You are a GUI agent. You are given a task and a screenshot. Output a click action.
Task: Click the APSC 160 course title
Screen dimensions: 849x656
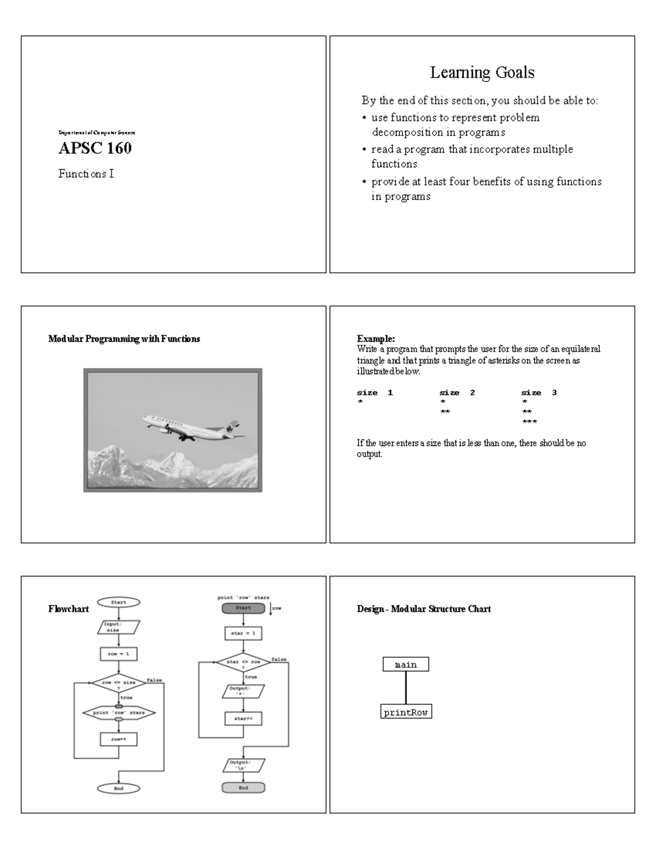(95, 148)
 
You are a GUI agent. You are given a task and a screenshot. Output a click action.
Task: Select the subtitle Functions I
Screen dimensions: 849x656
(86, 174)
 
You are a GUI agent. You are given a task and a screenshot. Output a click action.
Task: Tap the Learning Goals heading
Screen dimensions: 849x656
(482, 72)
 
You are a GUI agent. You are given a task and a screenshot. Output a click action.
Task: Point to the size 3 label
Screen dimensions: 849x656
(538, 393)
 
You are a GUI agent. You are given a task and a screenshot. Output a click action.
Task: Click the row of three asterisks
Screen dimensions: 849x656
(529, 422)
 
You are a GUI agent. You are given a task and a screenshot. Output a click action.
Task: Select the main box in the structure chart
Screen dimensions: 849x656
(406, 665)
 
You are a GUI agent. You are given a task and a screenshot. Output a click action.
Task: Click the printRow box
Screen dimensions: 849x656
(406, 712)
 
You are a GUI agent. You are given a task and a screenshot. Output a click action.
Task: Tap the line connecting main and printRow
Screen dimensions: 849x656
(406, 688)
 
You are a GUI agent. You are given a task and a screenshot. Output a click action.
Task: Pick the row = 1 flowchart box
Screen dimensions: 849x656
(119, 654)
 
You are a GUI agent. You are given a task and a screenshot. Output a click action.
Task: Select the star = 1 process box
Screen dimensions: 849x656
(243, 633)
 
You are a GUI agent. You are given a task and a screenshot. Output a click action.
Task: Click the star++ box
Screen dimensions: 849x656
(243, 718)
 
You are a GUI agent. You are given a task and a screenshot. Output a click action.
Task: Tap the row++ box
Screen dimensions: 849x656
(119, 739)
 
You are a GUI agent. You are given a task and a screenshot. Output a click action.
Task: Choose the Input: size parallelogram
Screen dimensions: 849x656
(119, 627)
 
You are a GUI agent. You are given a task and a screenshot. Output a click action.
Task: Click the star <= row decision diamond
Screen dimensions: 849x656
(243, 663)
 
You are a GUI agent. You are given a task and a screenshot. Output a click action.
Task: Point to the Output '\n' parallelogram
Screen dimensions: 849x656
(243, 765)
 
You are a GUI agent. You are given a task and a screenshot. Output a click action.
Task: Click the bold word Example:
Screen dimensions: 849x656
(376, 339)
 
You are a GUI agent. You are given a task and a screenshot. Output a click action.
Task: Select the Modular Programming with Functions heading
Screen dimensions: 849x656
(124, 339)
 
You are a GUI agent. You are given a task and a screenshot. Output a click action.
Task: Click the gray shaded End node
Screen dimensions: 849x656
(243, 788)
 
